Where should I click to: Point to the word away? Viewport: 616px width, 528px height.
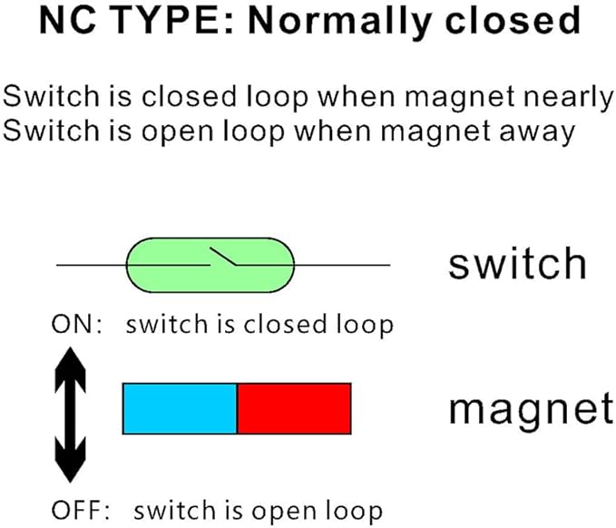coord(537,132)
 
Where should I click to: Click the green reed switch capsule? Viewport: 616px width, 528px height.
coord(210,265)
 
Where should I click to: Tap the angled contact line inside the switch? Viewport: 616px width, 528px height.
coord(223,256)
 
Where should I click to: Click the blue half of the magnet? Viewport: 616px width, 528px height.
coord(180,408)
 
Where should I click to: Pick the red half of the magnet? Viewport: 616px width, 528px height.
coord(294,408)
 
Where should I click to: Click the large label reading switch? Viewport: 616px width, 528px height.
coord(517,264)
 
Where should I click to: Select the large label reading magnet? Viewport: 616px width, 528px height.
coord(531,410)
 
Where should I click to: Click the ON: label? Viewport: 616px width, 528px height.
coord(77,325)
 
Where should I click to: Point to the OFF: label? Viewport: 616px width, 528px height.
coord(81,511)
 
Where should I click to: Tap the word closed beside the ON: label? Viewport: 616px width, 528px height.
coord(285,325)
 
